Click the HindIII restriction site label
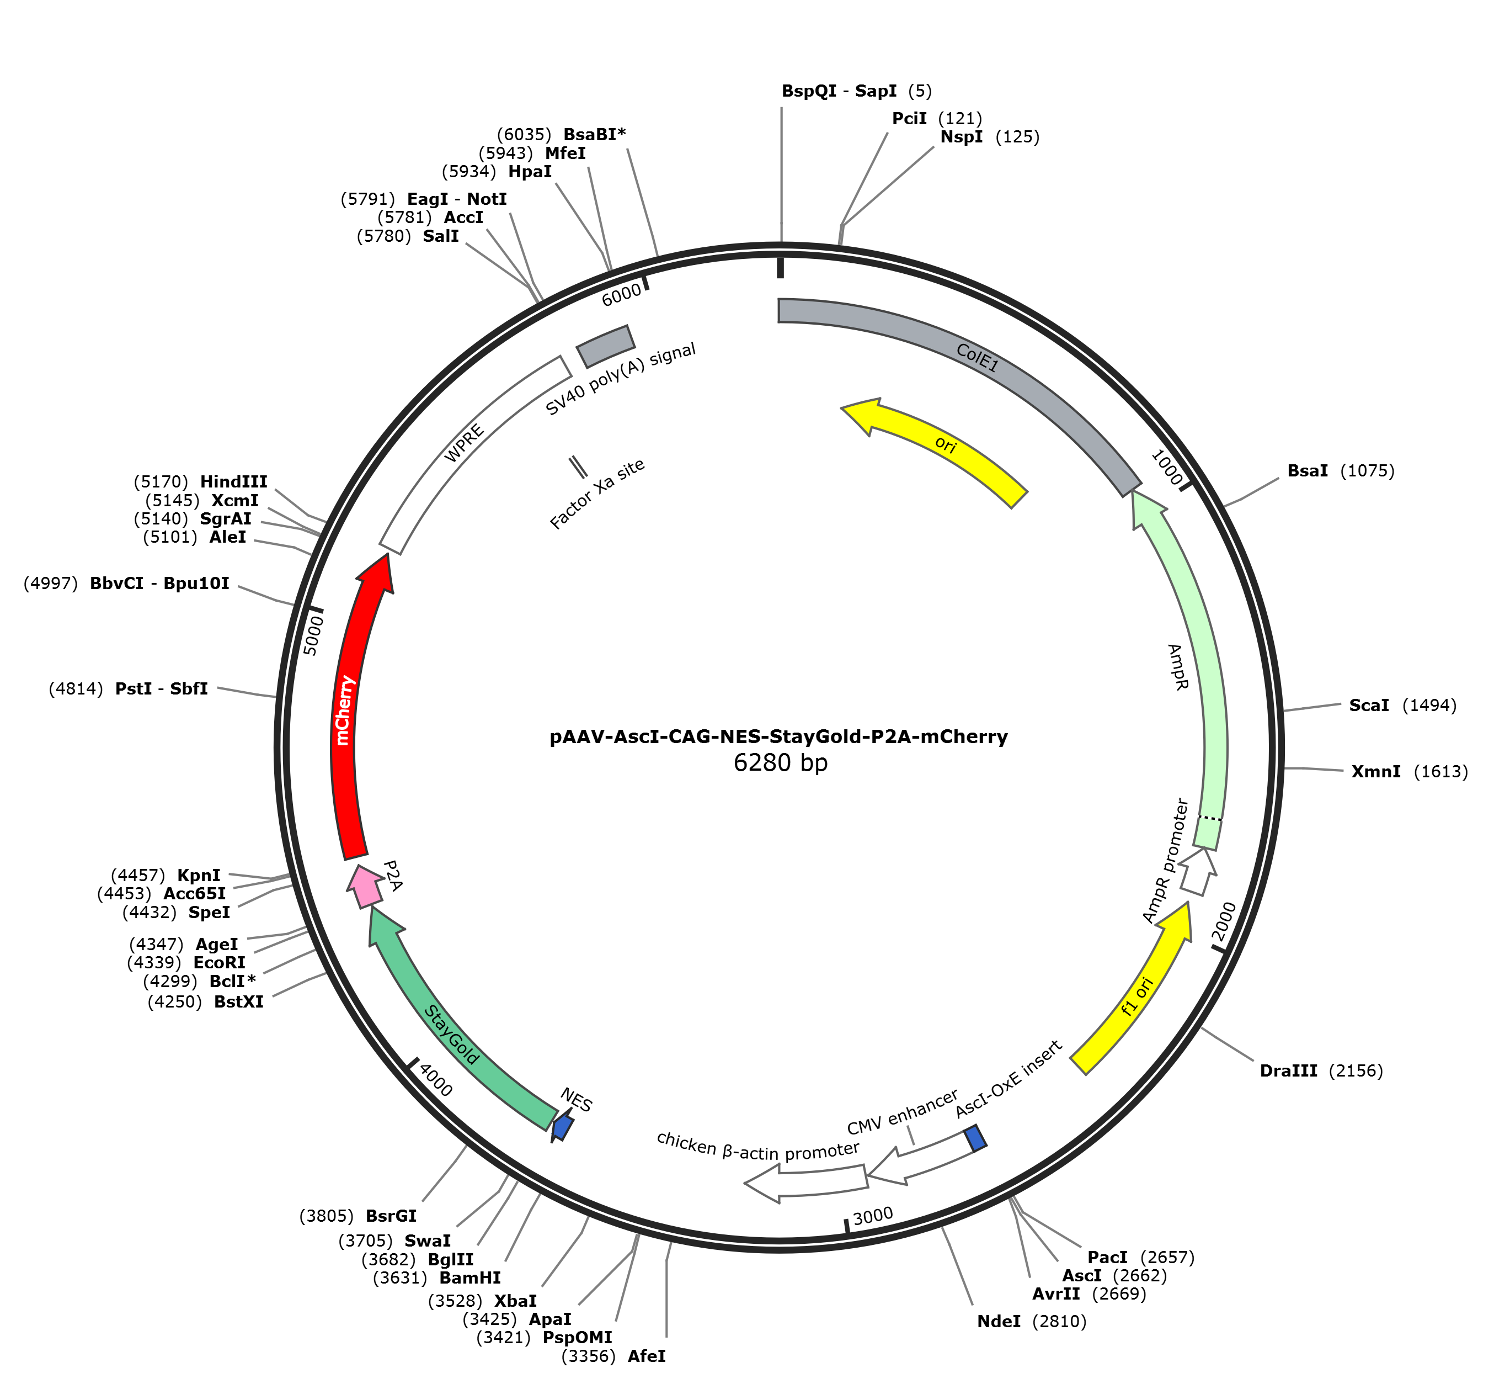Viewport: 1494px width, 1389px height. pos(233,483)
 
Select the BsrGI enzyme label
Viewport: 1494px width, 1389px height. pos(391,1216)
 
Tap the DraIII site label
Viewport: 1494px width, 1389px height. pos(1288,1071)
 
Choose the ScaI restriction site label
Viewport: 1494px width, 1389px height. pos(1369,705)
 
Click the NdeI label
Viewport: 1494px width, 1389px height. pos(999,1321)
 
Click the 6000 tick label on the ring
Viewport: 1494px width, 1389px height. pos(622,295)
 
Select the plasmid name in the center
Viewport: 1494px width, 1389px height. pos(778,736)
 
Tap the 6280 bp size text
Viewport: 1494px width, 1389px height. pos(781,763)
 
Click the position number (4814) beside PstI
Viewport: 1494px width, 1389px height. pos(76,688)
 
